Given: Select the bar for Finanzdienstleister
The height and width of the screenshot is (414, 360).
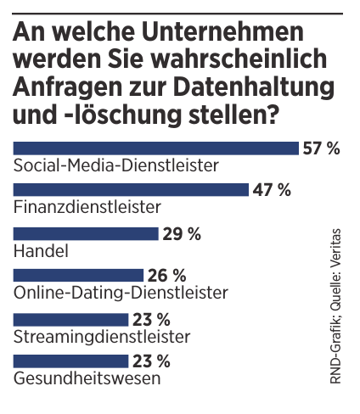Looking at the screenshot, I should pos(131,189).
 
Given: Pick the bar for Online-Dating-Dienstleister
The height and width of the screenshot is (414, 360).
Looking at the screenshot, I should pos(79,275).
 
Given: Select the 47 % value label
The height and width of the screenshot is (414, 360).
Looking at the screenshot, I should pos(271,189).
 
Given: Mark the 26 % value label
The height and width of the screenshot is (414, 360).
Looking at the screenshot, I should pos(166,276).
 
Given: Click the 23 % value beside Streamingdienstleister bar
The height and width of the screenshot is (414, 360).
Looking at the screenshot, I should pos(151,320).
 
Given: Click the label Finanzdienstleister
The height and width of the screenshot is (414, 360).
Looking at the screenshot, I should pos(76,205).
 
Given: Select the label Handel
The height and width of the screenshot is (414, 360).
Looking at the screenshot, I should pos(42,249).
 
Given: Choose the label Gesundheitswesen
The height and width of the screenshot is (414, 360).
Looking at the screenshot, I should pos(87,378).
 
